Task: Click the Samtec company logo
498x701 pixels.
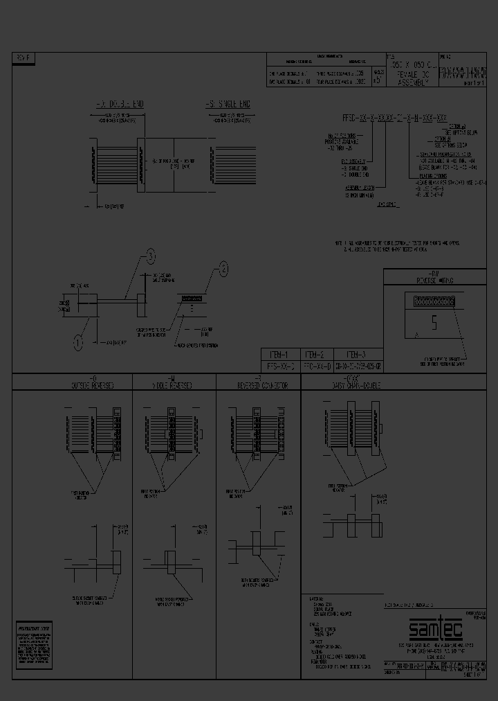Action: [433, 630]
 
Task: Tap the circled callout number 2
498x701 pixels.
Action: [223, 267]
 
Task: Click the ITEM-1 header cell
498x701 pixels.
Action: [280, 353]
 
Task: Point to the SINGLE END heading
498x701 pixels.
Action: [228, 104]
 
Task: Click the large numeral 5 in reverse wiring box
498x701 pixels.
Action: [434, 322]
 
